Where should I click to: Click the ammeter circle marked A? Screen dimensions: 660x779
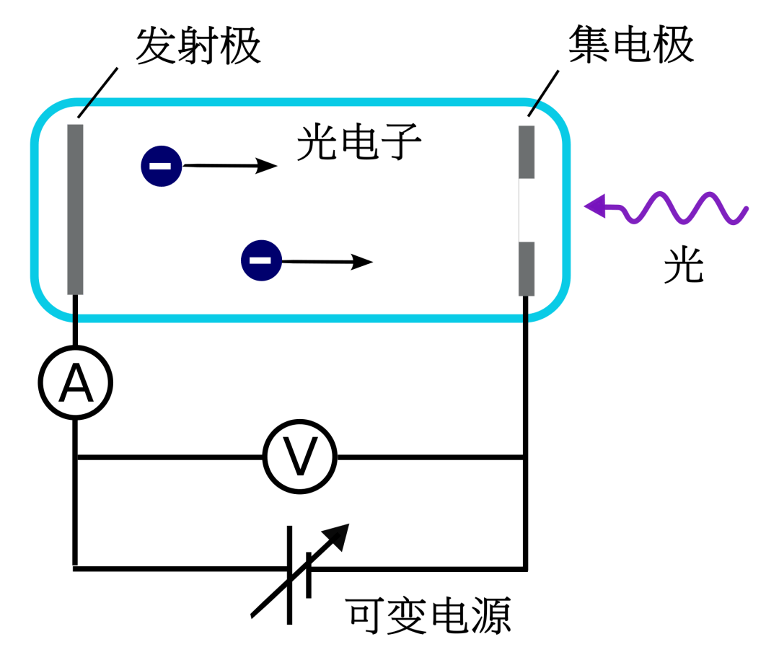pyautogui.click(x=75, y=384)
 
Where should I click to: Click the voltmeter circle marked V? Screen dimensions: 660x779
pyautogui.click(x=299, y=457)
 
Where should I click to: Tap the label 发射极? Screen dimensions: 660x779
pyautogui.click(x=198, y=48)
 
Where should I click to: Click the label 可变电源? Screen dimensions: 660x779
pyautogui.click(x=428, y=615)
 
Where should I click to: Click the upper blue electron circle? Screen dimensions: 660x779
pyautogui.click(x=160, y=166)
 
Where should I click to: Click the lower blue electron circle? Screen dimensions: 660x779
pyautogui.click(x=261, y=260)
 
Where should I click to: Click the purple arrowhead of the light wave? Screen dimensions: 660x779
pyautogui.click(x=595, y=206)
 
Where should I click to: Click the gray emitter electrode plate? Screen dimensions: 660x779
pyautogui.click(x=75, y=209)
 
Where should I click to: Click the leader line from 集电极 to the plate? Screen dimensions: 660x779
pyautogui.click(x=543, y=92)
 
